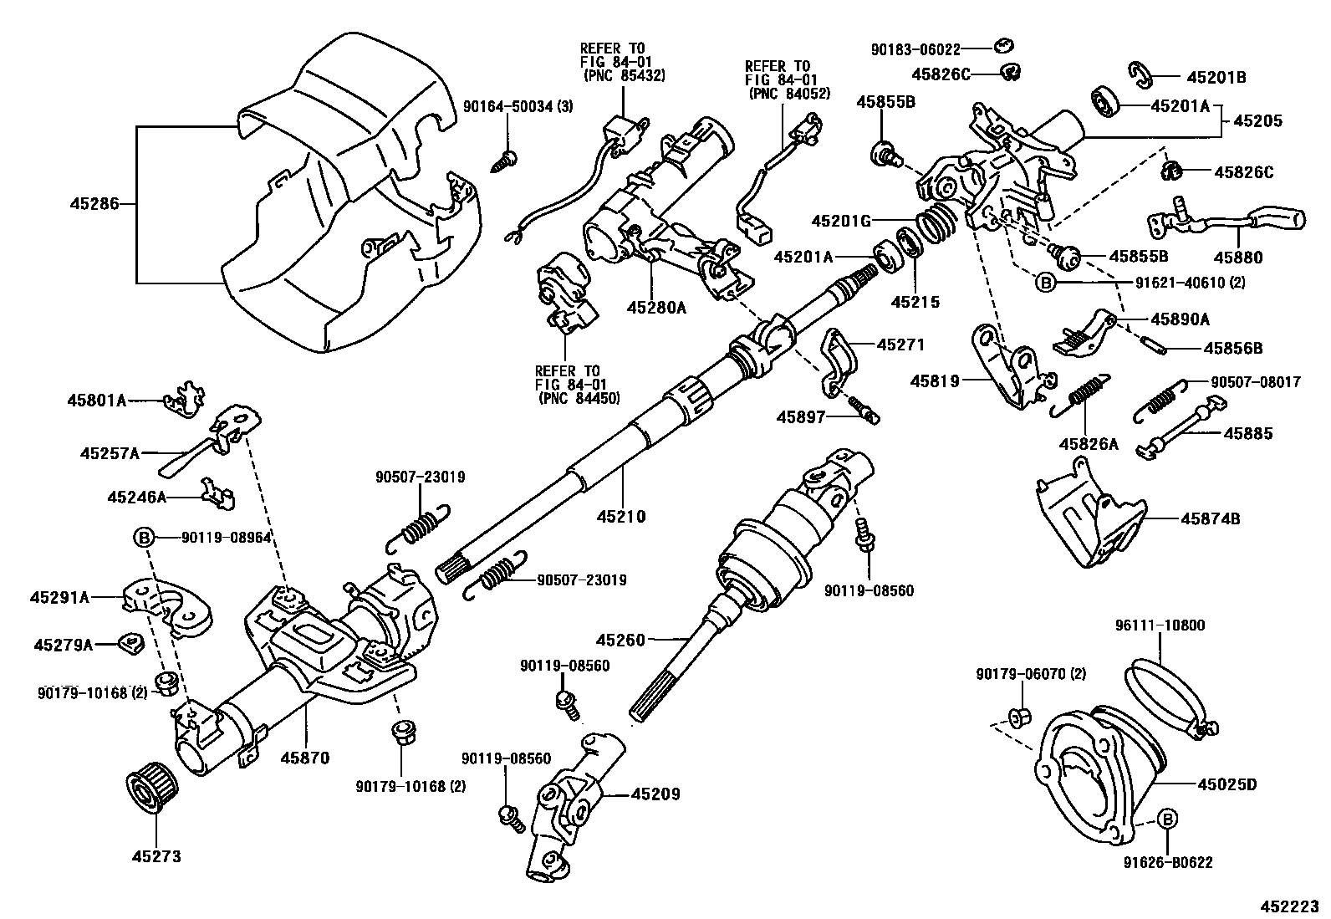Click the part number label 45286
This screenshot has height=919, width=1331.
coord(94,203)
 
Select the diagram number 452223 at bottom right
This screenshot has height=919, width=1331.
coord(1291,906)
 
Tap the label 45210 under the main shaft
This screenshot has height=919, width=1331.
coord(620,517)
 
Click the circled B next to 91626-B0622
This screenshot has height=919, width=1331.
coord(1167,819)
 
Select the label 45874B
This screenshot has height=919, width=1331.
coord(1210,519)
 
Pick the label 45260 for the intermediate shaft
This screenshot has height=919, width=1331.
coord(620,641)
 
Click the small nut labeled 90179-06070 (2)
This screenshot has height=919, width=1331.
coord(1019,716)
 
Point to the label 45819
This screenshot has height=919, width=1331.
coord(936,381)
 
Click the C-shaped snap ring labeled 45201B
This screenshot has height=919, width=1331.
coord(1144,74)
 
